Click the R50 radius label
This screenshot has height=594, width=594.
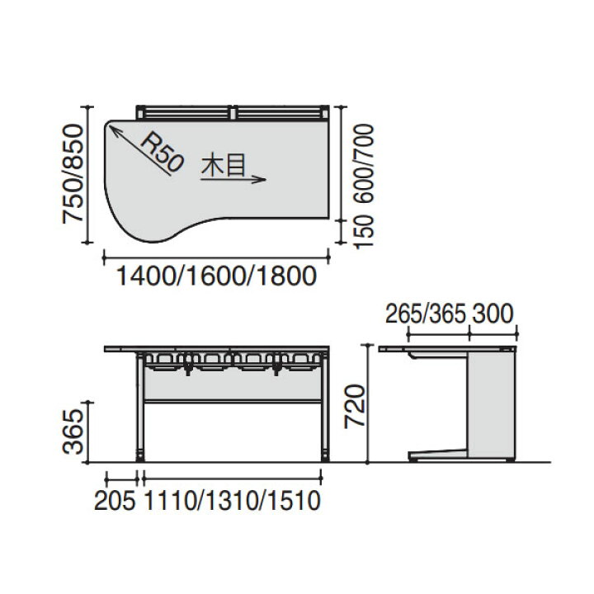click(163, 153)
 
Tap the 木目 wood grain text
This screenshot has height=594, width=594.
click(224, 167)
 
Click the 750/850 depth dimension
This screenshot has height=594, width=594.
click(72, 174)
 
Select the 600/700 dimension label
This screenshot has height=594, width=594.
click(365, 163)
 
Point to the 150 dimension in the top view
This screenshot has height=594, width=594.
click(365, 232)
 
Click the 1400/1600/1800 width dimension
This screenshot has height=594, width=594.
click(216, 276)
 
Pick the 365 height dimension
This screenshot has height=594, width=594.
click(72, 431)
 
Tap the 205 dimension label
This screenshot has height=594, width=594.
click(115, 501)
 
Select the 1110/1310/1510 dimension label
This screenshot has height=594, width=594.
click(233, 501)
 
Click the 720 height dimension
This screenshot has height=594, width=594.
click(354, 406)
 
